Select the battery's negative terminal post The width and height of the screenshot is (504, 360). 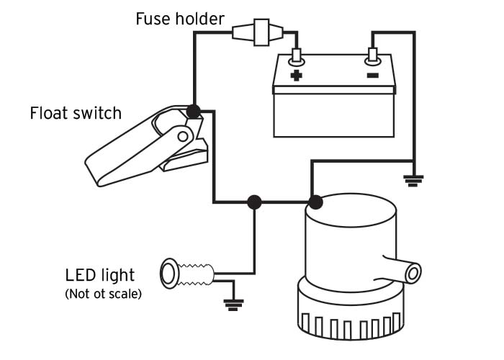(373, 54)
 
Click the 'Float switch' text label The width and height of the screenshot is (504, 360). (76, 113)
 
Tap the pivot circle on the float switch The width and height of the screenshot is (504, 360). (184, 135)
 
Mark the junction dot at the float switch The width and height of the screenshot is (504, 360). (193, 111)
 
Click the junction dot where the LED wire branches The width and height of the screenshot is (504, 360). (253, 202)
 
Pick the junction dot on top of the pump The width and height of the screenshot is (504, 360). (314, 202)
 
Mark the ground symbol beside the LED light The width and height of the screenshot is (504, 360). (233, 302)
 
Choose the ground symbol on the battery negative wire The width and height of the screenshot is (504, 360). (413, 180)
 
